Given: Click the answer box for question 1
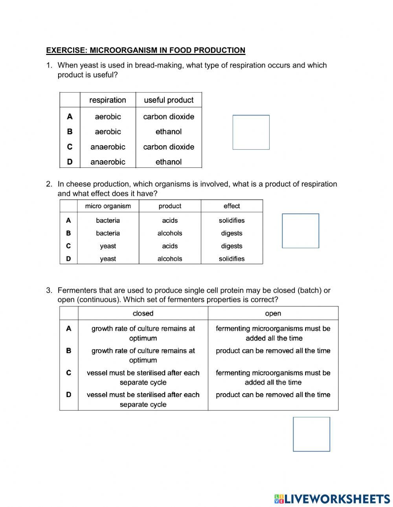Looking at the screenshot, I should (251, 132).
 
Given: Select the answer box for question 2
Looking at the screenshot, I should (300, 231).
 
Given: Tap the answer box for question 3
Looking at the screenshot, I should (311, 434).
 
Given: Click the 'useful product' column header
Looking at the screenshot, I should (169, 100).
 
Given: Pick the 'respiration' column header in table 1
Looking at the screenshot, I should (108, 100).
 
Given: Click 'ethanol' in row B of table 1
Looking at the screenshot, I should (169, 132).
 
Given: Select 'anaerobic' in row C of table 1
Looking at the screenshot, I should (108, 147).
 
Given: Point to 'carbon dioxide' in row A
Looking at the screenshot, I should (169, 117).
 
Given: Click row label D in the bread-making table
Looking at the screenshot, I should (70, 162).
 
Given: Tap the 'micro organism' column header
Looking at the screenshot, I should (108, 206).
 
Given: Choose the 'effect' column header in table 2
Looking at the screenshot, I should (231, 206).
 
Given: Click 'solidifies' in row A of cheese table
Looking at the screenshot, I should (231, 221).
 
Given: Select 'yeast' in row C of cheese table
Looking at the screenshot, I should (108, 246).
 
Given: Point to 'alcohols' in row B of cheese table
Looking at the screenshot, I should (170, 233).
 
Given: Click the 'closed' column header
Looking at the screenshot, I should (143, 313).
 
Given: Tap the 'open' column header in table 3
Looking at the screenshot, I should (273, 313).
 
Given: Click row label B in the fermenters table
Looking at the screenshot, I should (69, 351).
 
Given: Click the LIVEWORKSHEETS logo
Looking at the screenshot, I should (332, 499).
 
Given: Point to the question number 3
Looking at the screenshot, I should (49, 291).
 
